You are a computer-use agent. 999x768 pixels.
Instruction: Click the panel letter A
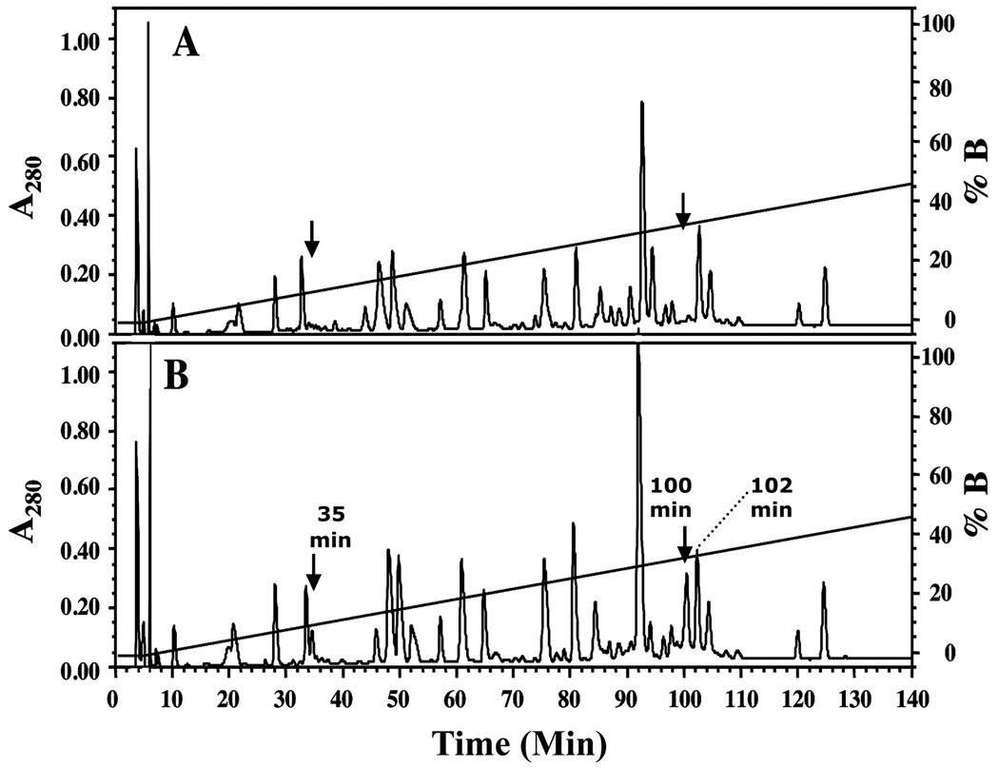[186, 44]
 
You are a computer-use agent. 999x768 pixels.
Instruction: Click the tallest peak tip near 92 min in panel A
[642, 103]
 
